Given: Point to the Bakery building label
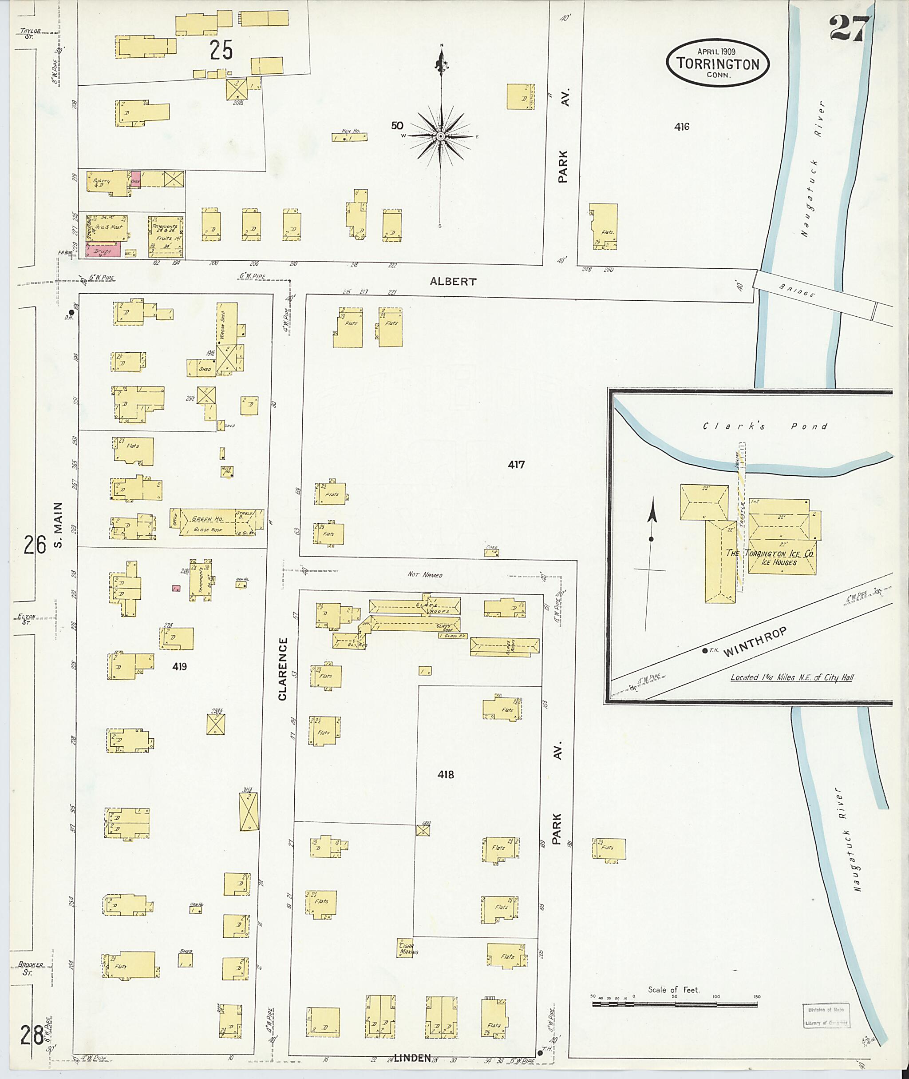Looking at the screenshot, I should point(102,182).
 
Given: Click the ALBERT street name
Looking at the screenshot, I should point(453,282).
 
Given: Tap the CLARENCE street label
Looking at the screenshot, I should point(282,669).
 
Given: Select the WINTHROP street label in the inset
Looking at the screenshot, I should point(755,643).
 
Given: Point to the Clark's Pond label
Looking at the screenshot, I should point(765,426).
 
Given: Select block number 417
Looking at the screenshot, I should point(516,465).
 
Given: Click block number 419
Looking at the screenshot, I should point(179,666).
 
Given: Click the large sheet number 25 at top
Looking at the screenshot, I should point(221,50).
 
